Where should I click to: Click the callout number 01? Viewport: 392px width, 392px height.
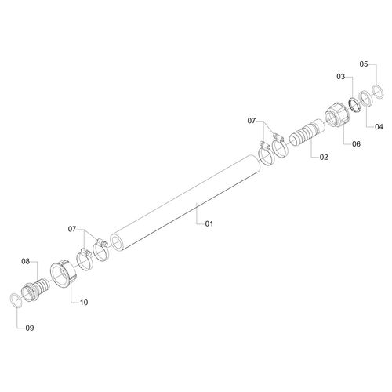209,223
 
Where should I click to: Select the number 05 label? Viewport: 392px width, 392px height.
364,64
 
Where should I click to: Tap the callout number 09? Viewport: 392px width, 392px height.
30,328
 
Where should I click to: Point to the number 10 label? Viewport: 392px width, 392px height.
84,303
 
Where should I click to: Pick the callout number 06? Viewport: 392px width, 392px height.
356,144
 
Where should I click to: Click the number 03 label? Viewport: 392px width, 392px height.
341,77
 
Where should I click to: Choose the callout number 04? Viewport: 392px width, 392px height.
379,127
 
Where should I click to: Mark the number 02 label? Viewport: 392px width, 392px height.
324,157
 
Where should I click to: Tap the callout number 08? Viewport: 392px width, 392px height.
26,261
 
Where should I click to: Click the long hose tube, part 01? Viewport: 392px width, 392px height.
186,203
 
